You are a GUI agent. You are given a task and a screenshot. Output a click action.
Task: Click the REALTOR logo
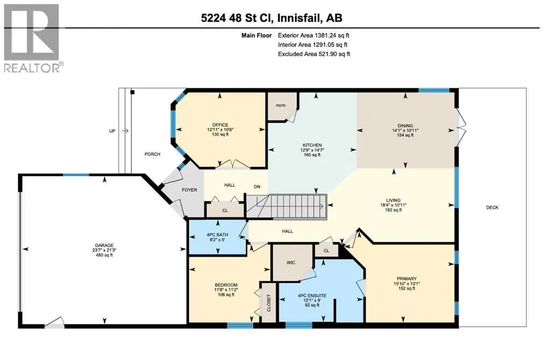(33, 38)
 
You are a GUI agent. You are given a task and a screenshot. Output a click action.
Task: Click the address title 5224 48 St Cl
(237, 18)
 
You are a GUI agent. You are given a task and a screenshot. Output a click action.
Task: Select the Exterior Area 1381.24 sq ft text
(314, 35)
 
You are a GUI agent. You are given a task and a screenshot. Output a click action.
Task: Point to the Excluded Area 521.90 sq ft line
(314, 54)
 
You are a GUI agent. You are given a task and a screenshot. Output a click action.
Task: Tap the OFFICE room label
(220, 125)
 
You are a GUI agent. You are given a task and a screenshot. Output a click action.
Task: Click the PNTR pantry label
(281, 105)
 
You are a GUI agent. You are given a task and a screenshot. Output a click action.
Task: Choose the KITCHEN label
(313, 145)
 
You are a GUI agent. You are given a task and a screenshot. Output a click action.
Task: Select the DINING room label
(405, 125)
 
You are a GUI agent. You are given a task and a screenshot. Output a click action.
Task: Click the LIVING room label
(393, 200)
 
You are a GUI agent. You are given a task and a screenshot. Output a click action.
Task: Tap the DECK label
(492, 207)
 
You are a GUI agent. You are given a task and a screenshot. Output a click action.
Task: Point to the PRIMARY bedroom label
(407, 278)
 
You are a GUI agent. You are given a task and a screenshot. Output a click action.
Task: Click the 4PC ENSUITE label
(312, 295)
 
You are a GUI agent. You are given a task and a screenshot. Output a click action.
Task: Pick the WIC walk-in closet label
(291, 263)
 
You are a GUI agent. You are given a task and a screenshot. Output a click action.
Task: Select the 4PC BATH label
(217, 235)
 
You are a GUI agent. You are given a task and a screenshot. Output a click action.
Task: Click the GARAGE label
(104, 245)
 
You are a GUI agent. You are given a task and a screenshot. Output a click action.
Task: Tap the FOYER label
(189, 190)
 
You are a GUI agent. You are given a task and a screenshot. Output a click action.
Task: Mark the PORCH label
(152, 154)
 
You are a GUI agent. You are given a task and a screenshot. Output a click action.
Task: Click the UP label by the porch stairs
(112, 131)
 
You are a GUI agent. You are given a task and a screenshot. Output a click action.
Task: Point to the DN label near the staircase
(257, 187)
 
